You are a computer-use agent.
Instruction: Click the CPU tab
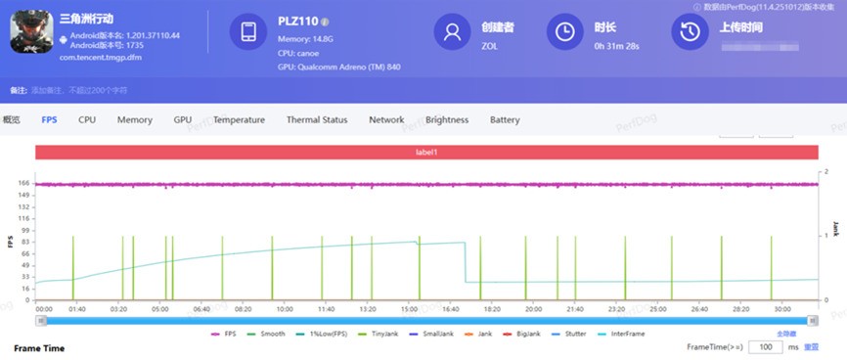pos(87,120)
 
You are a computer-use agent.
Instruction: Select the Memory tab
pos(134,120)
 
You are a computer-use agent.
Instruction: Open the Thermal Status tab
pos(316,120)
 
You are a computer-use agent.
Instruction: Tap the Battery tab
pos(505,120)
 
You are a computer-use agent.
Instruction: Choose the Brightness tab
pos(447,120)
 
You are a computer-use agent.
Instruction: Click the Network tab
pos(386,120)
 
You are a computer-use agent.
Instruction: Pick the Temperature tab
pos(239,120)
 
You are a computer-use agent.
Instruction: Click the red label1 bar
pos(425,152)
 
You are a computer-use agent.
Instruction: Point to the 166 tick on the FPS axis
pos(22,183)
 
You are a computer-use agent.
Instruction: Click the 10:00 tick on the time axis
pos(284,309)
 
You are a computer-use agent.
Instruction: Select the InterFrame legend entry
pos(626,334)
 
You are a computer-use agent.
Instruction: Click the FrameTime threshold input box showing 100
pos(764,346)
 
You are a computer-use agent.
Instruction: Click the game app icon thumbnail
pos(30,32)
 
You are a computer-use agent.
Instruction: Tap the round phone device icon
pos(248,32)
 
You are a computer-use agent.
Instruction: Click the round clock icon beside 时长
pos(565,32)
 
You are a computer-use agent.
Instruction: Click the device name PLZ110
pos(296,21)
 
